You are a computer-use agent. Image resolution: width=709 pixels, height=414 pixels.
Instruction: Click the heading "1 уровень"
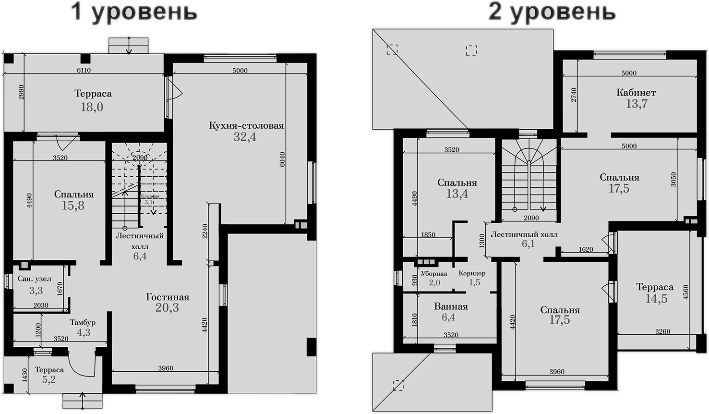tap(134, 12)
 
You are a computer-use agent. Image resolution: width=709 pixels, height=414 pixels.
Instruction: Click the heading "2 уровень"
tap(552, 12)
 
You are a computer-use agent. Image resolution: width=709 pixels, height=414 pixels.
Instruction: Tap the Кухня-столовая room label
tap(246, 126)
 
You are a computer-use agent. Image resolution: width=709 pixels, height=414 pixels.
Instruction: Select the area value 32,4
tap(245, 137)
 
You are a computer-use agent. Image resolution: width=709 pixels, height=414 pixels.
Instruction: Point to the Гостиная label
tap(168, 297)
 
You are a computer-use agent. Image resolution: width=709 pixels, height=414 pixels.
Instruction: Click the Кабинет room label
tap(636, 92)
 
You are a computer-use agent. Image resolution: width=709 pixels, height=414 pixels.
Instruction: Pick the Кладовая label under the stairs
tap(150, 196)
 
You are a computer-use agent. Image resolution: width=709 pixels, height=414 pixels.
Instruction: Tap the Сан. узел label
tap(34, 279)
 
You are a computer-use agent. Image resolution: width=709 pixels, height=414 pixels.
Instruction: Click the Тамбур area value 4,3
tap(84, 332)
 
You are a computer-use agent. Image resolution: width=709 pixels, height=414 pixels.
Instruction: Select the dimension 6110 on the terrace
tap(84, 70)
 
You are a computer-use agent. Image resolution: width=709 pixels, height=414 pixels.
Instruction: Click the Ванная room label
tap(451, 306)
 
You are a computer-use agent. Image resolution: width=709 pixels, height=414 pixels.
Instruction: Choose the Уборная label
tap(434, 274)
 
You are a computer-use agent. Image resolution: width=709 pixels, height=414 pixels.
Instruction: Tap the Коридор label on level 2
tap(472, 274)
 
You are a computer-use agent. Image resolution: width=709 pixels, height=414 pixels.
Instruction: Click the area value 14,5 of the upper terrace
tap(656, 299)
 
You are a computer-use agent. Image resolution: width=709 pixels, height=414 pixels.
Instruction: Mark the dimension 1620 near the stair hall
tap(586, 249)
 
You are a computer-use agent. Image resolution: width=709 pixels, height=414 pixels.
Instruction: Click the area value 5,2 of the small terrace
tap(49, 380)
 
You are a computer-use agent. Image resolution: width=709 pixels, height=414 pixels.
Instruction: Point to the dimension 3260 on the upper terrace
tap(662, 331)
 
